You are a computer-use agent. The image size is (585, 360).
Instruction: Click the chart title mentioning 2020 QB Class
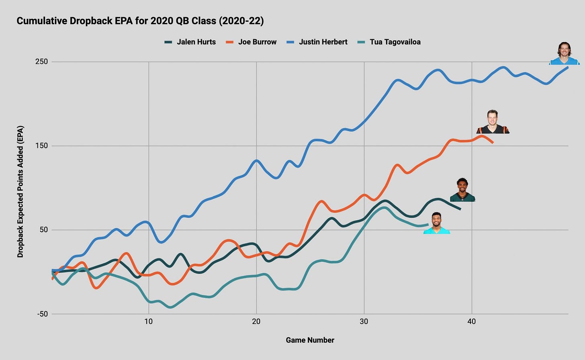(x=140, y=21)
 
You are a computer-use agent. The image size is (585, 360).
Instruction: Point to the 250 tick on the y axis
(x=41, y=61)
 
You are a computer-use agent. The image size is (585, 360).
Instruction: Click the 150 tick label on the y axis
(x=41, y=146)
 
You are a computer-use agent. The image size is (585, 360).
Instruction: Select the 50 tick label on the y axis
(x=43, y=230)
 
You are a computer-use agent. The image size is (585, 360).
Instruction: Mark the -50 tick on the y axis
(x=42, y=314)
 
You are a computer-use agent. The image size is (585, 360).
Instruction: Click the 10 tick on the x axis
(x=149, y=321)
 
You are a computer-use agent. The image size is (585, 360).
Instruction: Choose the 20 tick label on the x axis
(x=256, y=321)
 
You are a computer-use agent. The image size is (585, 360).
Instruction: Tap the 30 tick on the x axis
(x=364, y=321)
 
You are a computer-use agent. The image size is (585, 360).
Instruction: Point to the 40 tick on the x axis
(x=472, y=321)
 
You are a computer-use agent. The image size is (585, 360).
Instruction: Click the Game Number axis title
(x=310, y=340)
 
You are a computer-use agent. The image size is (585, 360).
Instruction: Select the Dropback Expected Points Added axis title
(x=20, y=192)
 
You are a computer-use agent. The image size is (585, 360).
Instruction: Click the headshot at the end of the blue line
(x=565, y=53)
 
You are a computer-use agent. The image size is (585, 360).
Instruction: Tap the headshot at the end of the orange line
(x=493, y=122)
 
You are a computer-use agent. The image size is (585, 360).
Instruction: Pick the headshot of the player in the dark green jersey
(x=462, y=190)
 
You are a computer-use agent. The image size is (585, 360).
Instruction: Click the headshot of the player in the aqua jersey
(x=437, y=223)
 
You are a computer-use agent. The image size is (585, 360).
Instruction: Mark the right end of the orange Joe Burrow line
(x=493, y=143)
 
